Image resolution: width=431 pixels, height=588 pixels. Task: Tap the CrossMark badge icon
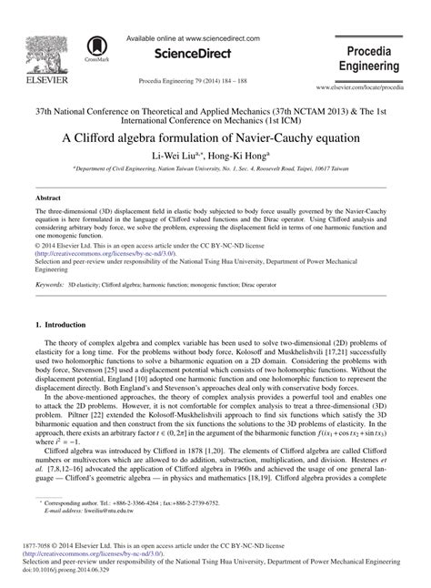[x=94, y=50]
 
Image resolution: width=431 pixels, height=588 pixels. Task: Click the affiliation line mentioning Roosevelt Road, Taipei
[x=215, y=169]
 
